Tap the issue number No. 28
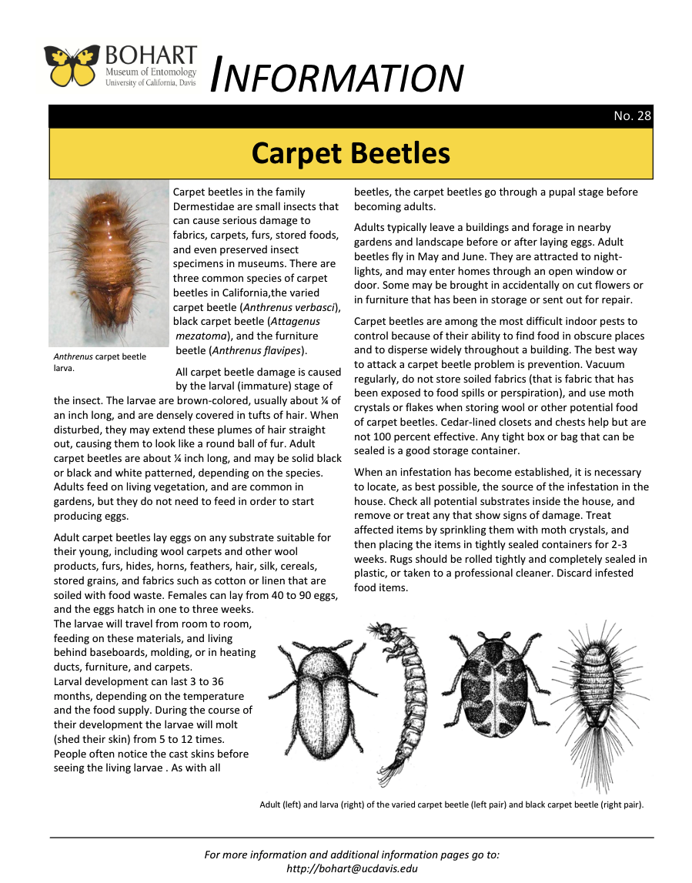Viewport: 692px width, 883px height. (633, 116)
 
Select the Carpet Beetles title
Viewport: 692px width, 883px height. (350, 153)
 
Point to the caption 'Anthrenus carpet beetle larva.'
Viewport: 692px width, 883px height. (99, 362)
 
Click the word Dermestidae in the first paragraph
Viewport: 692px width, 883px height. (206, 206)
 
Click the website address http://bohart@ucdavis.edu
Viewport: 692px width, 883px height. (351, 868)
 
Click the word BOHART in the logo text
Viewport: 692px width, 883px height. (151, 56)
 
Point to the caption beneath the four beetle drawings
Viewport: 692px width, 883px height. (451, 805)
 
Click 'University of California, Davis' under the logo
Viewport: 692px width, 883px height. (150, 82)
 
